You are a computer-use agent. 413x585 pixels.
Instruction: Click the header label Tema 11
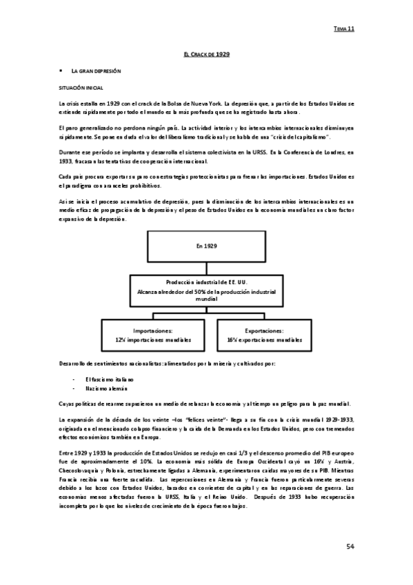click(x=343, y=29)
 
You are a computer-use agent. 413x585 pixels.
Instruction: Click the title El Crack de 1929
click(x=206, y=54)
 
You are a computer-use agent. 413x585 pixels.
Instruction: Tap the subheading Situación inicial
click(x=80, y=89)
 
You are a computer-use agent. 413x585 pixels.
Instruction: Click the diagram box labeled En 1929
click(x=206, y=246)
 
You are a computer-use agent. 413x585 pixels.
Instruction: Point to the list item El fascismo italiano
click(x=110, y=379)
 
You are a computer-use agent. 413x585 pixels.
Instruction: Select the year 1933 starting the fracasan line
click(x=67, y=161)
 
